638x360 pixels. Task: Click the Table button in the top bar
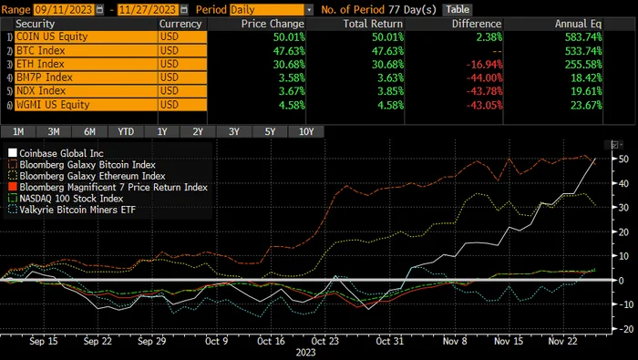[458, 9]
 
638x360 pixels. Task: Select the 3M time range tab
[54, 132]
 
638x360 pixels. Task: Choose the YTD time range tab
[126, 132]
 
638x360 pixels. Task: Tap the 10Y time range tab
[306, 132]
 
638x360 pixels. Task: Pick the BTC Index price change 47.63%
[289, 51]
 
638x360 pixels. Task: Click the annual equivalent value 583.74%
[583, 37]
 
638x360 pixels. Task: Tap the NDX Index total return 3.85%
[390, 91]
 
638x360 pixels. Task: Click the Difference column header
[477, 24]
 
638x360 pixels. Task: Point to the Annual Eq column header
[578, 24]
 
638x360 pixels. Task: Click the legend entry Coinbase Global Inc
[56, 153]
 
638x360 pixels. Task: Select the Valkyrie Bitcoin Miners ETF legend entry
[72, 210]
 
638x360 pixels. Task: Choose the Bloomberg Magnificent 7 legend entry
[108, 187]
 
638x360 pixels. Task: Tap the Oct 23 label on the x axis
[324, 341]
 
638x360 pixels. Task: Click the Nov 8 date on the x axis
[455, 341]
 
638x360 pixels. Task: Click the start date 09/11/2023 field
[64, 9]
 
